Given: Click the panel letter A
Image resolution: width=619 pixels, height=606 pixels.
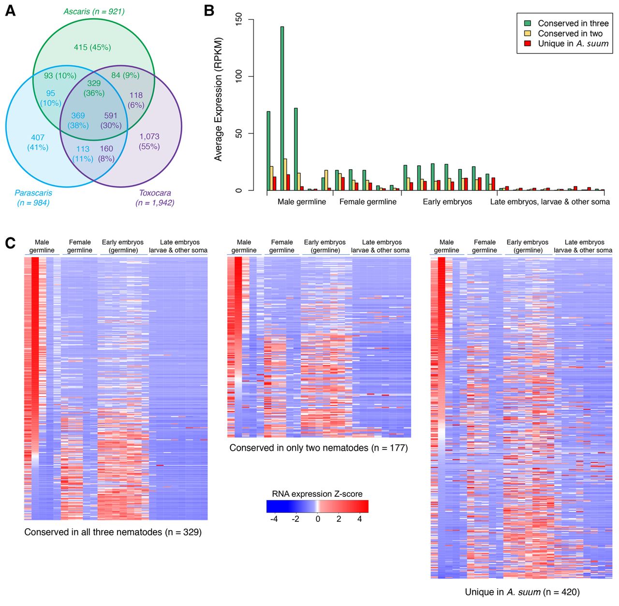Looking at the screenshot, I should coord(10,10).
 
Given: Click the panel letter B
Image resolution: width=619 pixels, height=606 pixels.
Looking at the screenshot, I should coord(209,10).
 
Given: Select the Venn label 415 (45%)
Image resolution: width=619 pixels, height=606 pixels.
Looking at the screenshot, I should coord(92,47).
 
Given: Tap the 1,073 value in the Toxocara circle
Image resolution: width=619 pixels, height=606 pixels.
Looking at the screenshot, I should coord(149,136).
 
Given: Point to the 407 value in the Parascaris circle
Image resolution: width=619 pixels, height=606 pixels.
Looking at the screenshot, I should coord(38,137).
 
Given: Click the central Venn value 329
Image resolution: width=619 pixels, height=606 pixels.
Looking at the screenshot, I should coord(94,83).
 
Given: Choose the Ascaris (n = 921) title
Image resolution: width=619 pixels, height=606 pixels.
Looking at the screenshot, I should coord(94,11).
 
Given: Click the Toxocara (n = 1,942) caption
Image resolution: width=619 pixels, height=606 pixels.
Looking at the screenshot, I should coord(155,198).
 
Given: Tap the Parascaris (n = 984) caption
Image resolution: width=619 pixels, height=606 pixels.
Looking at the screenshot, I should coord(33,198).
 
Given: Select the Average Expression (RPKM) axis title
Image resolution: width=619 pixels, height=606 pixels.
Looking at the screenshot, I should coord(219,99).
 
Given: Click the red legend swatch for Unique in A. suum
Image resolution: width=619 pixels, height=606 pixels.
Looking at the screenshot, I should coord(528,43).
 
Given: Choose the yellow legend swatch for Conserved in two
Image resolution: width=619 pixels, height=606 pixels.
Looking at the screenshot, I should coord(528,33).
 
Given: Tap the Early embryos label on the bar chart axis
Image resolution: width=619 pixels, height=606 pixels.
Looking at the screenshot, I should coord(447,202).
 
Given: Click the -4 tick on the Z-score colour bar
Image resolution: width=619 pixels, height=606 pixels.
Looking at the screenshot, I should coord(274,519).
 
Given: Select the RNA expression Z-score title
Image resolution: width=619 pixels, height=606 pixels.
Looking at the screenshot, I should coord(317,494).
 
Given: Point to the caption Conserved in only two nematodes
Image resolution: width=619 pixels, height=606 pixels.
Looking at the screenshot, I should coord(319,448).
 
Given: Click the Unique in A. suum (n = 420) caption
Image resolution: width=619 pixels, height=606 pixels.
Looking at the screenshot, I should coord(522,592).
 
